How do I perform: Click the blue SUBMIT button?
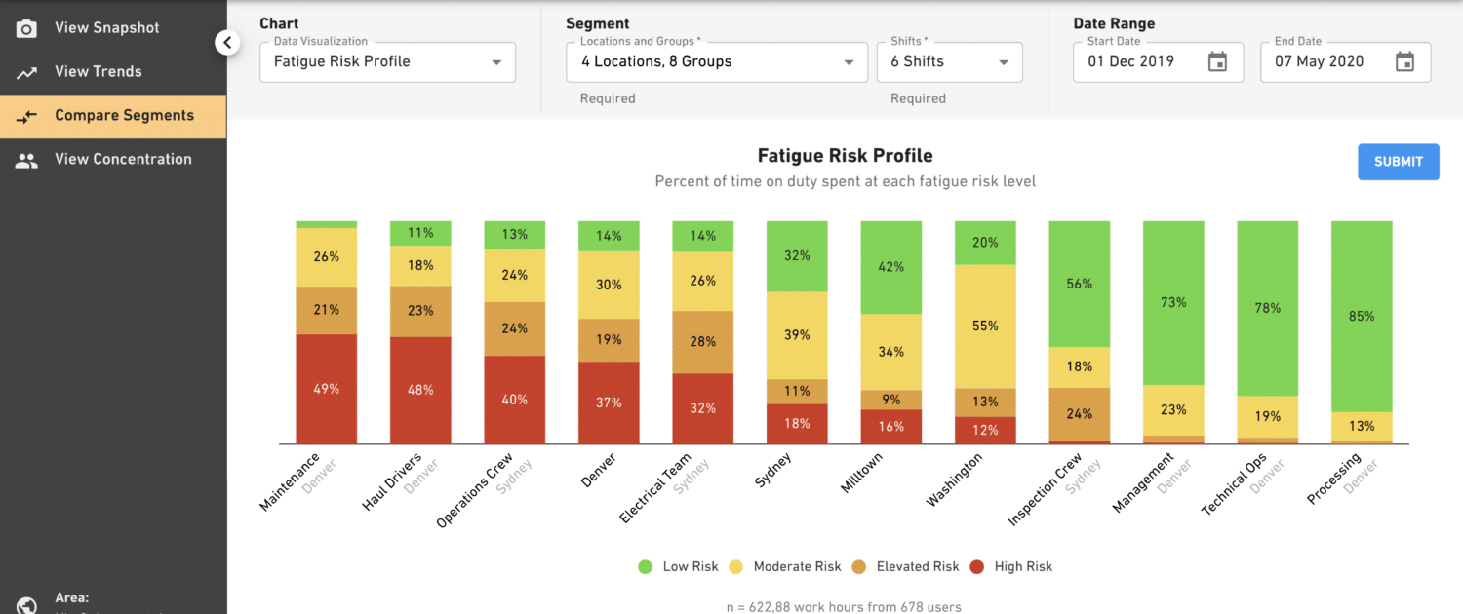click(x=1398, y=162)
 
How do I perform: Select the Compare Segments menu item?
click(x=124, y=116)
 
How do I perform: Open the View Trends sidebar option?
click(x=98, y=71)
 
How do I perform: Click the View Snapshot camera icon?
click(x=26, y=28)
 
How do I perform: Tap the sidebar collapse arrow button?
click(x=227, y=42)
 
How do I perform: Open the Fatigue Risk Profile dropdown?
click(x=387, y=62)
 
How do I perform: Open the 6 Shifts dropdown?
click(x=949, y=62)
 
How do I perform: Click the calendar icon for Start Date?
click(x=1217, y=62)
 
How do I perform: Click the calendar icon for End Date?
click(x=1404, y=62)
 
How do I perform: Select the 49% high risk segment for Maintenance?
click(x=327, y=389)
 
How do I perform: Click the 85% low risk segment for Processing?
click(x=1362, y=316)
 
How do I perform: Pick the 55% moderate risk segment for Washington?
click(x=985, y=326)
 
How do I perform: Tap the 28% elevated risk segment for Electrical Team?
click(x=703, y=342)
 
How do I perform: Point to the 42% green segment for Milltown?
click(x=890, y=267)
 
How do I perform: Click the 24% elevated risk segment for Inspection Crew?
click(x=1079, y=414)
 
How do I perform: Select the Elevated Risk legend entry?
click(x=906, y=566)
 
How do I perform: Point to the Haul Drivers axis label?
click(x=392, y=482)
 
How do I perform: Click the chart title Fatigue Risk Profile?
click(x=845, y=156)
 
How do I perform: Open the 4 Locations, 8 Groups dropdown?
click(x=717, y=62)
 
